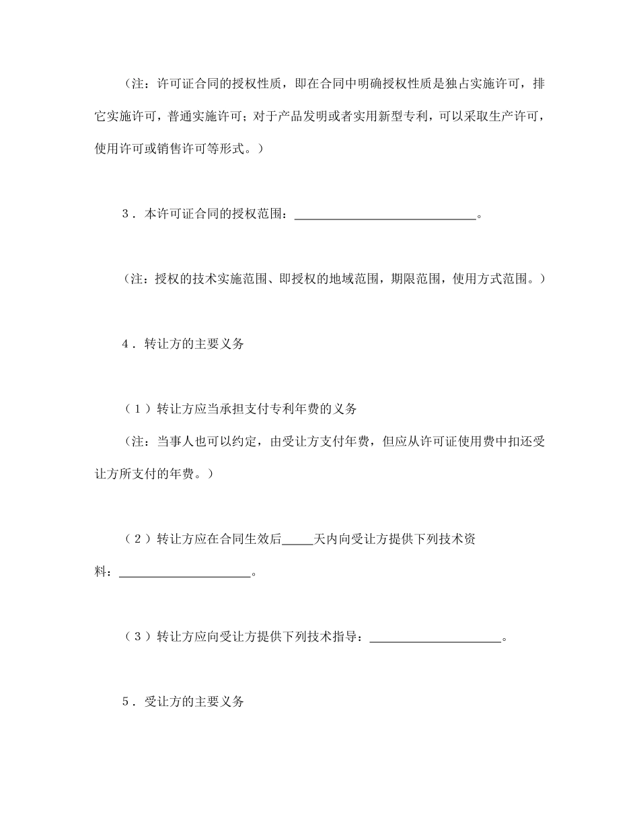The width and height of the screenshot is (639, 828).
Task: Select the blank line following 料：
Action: pyautogui.click(x=184, y=574)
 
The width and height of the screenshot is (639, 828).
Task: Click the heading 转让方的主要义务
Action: pyautogui.click(x=194, y=344)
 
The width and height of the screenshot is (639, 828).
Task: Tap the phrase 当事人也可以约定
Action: pyautogui.click(x=200, y=441)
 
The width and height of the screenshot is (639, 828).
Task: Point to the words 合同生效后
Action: pyautogui.click(x=248, y=540)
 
